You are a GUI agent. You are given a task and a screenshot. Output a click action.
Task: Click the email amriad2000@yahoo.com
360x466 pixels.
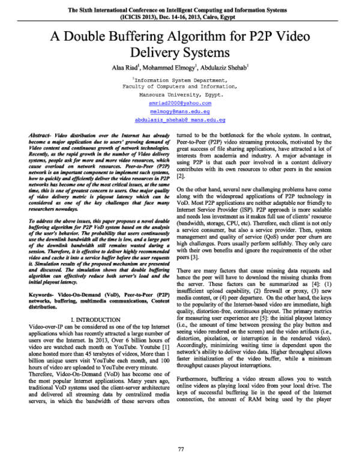click(180, 103)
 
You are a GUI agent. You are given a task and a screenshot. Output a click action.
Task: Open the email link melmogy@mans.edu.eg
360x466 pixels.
click(180, 111)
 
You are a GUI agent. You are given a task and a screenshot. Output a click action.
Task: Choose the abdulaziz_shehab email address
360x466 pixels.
click(180, 120)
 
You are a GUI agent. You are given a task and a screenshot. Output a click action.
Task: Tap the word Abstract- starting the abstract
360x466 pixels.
click(40, 138)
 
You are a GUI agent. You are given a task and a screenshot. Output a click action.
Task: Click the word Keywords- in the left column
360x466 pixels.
click(41, 296)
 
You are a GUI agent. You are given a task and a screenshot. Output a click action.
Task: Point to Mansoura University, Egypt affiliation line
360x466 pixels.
click(180, 94)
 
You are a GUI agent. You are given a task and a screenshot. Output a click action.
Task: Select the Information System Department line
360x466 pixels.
click(180, 79)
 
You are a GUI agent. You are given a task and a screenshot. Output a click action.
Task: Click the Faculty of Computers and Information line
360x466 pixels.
click(180, 86)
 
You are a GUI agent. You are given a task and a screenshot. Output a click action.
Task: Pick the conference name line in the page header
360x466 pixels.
click(180, 10)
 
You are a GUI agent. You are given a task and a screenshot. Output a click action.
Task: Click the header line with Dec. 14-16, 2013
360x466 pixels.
click(180, 17)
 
